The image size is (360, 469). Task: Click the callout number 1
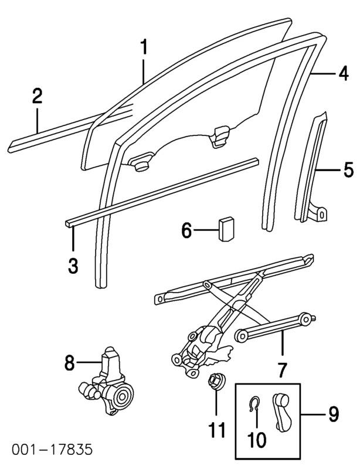point(144,47)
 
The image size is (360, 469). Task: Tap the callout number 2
point(37,96)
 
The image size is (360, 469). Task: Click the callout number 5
point(349,169)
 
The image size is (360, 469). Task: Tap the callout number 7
point(283,370)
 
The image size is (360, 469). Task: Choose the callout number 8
point(69,363)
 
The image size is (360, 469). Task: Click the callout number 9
point(334,414)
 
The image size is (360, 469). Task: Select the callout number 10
point(257,439)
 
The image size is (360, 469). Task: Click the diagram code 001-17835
point(52,450)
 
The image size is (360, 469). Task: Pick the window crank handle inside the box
point(280,412)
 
